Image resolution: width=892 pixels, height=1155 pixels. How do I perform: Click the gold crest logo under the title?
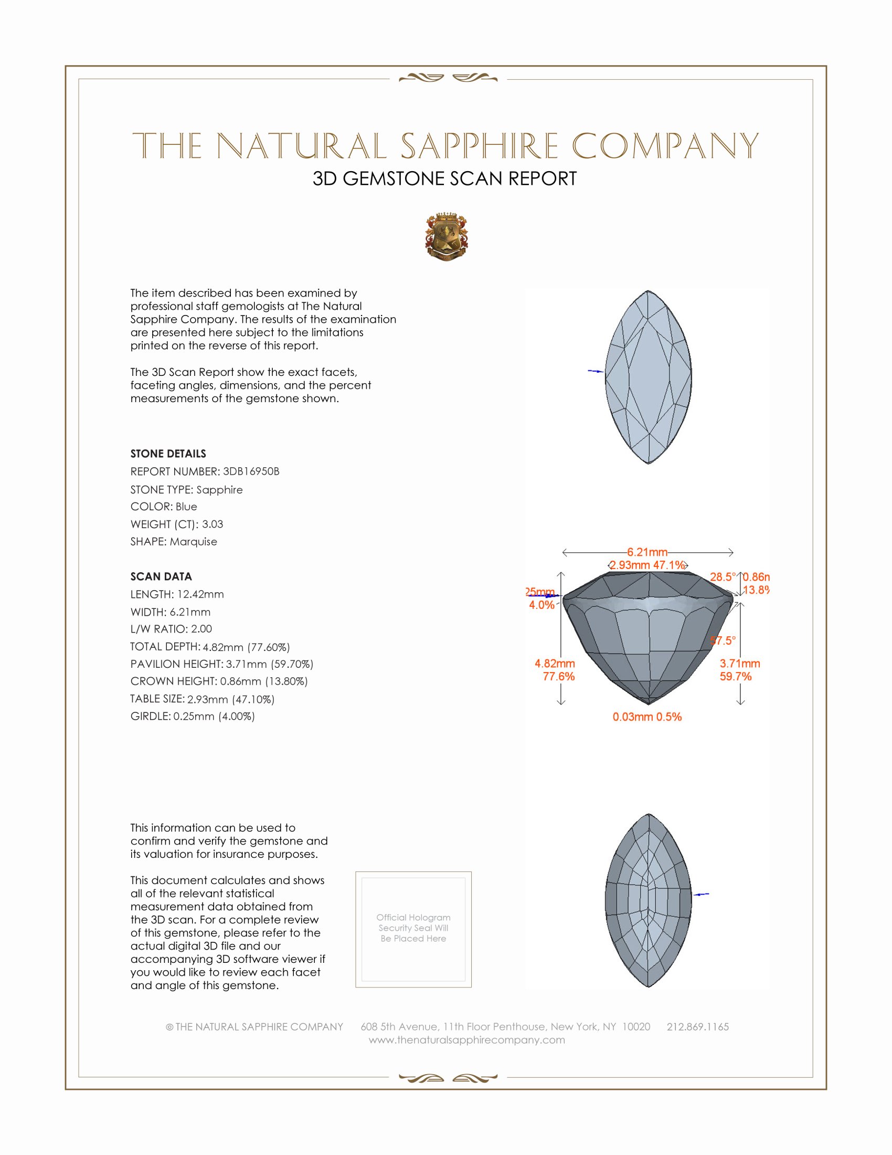[447, 237]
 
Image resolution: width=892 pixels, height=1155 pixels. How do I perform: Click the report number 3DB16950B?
[251, 471]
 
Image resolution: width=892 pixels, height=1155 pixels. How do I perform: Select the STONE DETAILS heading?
[168, 454]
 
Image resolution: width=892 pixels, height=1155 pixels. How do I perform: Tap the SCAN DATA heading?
[161, 576]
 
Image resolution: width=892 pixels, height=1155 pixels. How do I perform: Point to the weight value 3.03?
[213, 524]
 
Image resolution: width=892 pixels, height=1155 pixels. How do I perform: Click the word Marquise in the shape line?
[194, 542]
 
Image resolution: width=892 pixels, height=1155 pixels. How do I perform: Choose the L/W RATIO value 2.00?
[201, 629]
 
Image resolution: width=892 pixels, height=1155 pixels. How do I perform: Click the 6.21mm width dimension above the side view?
[647, 552]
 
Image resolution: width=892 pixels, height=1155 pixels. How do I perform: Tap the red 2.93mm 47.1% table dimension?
[647, 565]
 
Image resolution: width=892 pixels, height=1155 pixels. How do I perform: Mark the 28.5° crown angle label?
[723, 577]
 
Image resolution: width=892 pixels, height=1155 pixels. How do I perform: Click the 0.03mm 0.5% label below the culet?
[647, 717]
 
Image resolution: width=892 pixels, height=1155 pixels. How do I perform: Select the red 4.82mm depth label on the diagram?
[555, 663]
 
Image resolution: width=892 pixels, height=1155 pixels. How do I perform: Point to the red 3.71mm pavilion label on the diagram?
[740, 663]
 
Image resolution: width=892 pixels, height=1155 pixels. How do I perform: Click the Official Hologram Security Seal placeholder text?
[413, 928]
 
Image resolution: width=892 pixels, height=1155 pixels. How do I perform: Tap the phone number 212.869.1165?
[697, 1026]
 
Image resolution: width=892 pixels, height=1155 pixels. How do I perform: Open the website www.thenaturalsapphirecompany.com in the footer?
[467, 1039]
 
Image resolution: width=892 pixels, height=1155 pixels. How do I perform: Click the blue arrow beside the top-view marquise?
[596, 371]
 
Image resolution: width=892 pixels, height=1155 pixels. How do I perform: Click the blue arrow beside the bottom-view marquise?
[701, 894]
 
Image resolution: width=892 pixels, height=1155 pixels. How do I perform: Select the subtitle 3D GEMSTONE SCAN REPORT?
[444, 178]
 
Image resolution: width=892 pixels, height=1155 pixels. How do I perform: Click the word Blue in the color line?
[186, 507]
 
